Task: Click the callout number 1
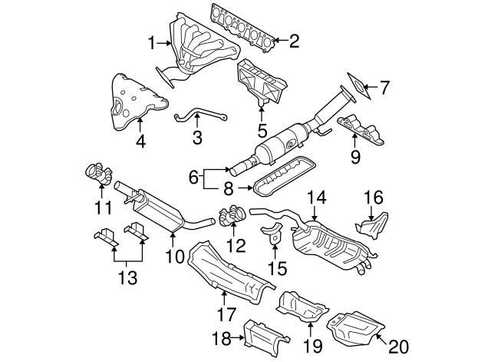tap(151, 42)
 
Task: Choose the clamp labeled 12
tap(232, 218)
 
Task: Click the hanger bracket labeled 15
tap(275, 238)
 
